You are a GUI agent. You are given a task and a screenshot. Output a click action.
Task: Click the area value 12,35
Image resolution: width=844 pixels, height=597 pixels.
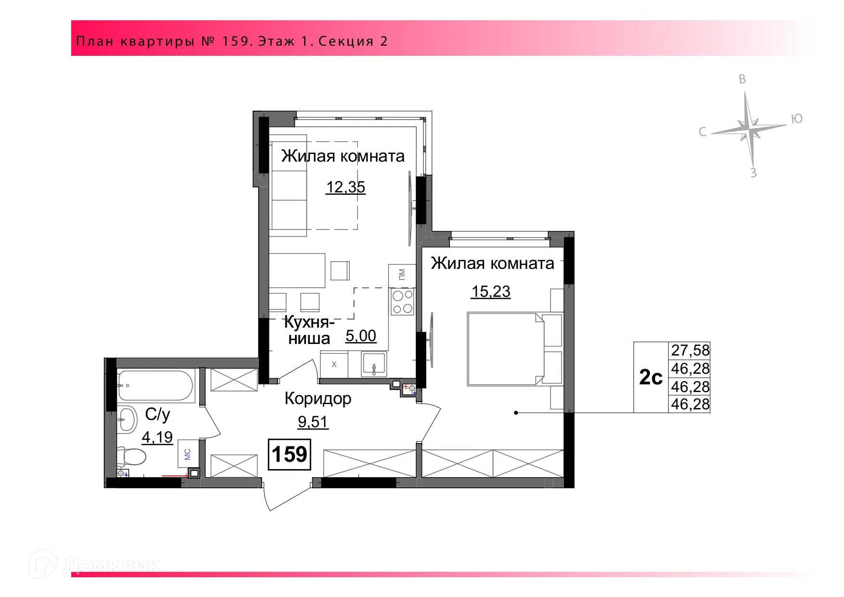[345, 187]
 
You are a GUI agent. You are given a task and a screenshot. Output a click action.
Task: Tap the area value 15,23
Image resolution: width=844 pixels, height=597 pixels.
[491, 292]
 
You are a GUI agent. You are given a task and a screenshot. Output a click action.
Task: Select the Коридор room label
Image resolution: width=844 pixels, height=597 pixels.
[318, 398]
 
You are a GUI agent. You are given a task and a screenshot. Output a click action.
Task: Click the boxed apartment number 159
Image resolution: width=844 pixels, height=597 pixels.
[290, 454]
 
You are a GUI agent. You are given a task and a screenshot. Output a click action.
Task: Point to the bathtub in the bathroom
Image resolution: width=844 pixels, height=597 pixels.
[155, 385]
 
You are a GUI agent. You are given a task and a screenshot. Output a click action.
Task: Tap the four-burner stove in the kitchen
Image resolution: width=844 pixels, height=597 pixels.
[402, 302]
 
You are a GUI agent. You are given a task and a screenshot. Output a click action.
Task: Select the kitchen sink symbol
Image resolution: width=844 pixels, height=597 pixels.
[374, 364]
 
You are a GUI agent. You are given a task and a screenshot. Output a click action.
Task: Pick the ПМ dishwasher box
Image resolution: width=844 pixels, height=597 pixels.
[402, 275]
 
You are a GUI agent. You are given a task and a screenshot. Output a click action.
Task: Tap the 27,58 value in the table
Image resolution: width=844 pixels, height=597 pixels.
[690, 350]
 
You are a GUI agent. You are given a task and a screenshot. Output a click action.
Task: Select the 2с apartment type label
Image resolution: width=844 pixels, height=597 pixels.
[651, 378]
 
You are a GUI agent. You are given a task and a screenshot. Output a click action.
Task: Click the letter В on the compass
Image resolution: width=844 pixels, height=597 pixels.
[742, 80]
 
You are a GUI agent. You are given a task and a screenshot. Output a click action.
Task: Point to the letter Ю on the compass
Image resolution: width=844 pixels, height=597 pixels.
[797, 119]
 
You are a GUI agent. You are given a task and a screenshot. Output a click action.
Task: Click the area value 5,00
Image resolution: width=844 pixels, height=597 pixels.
[361, 336]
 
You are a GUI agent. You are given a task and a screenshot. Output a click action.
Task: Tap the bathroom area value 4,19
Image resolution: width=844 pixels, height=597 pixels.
[157, 437]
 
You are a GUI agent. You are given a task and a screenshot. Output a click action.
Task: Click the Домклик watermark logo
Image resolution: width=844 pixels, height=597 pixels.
[94, 564]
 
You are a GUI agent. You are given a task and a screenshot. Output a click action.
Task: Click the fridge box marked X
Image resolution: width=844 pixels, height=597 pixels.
[334, 365]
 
